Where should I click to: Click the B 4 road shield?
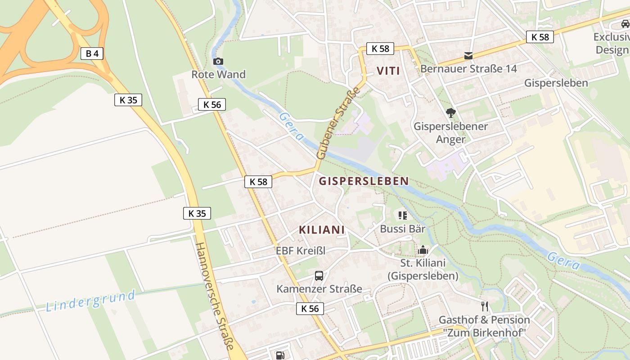92,54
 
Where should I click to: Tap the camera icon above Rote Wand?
218,61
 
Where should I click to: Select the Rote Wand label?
218,74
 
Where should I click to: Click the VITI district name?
388,71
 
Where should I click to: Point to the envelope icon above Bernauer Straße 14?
468,56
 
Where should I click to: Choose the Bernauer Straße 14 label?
468,69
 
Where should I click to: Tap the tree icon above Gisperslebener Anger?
450,113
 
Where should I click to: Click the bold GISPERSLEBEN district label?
364,181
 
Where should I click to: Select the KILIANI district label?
322,229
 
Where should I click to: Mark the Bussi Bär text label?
403,229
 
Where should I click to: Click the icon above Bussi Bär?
402,216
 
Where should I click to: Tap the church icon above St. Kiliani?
423,250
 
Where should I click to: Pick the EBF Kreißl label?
301,251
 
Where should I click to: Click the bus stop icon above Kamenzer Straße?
319,276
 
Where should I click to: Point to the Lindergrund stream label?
90,301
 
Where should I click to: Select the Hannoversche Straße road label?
215,297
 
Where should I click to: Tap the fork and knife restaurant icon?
484,306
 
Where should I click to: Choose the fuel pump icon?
280,355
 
